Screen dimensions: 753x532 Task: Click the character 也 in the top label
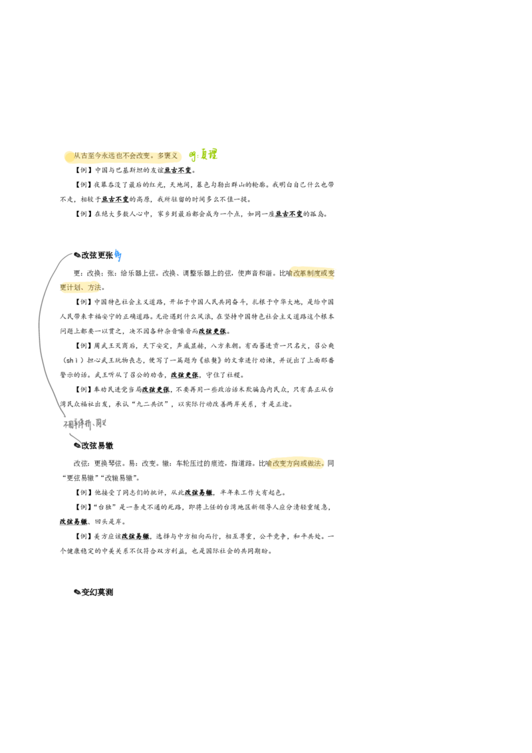120,156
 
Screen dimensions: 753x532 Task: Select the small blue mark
118,255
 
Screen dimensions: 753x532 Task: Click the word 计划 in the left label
72,288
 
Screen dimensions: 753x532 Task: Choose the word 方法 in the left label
94,288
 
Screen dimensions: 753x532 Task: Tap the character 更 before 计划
62,288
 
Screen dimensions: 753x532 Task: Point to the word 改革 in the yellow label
300,273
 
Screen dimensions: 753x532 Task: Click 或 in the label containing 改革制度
324,273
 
